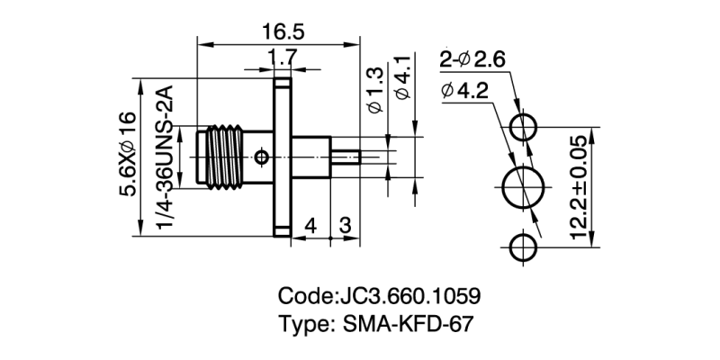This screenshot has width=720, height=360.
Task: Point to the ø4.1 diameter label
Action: pyautogui.click(x=404, y=78)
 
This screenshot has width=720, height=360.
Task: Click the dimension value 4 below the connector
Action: pyautogui.click(x=310, y=225)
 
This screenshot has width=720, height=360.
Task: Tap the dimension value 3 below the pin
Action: pyautogui.click(x=346, y=225)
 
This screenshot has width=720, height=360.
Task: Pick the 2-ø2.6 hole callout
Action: pyautogui.click(x=476, y=60)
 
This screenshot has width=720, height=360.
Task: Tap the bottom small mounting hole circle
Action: pyautogui.click(x=524, y=247)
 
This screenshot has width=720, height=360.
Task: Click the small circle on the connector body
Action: pyautogui.click(x=261, y=158)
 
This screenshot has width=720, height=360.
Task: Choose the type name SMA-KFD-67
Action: pyautogui.click(x=376, y=324)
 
